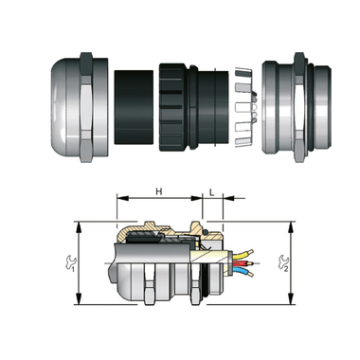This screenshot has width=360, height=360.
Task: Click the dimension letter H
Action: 159,191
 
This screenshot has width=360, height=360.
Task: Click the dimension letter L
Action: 212,192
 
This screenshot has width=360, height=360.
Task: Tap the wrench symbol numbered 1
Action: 71,263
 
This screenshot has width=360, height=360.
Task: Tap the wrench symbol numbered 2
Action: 283,263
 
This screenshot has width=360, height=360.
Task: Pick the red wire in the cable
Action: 243,263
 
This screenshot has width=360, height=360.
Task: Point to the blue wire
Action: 243,271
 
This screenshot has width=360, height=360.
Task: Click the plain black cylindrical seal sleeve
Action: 134,107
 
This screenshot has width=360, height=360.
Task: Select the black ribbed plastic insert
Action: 193,107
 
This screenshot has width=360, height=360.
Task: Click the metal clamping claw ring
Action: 246,107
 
